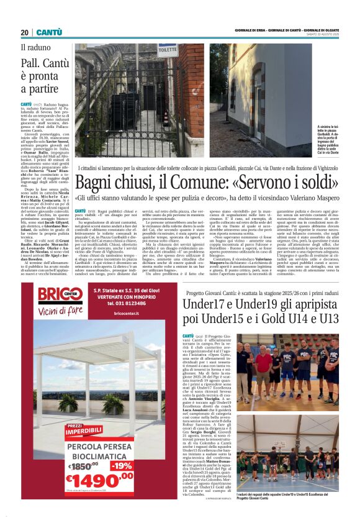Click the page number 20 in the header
pos(25,32)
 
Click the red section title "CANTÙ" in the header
pos(48,32)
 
